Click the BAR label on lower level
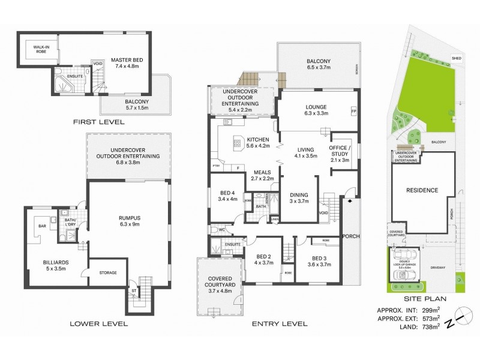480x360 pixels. click(42, 226)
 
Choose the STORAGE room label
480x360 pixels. click(107, 273)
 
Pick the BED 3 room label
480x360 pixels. click(319, 259)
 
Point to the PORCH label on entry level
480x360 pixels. click(351, 236)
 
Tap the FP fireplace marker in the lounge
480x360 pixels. click(353, 112)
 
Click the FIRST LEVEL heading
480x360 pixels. click(98, 122)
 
